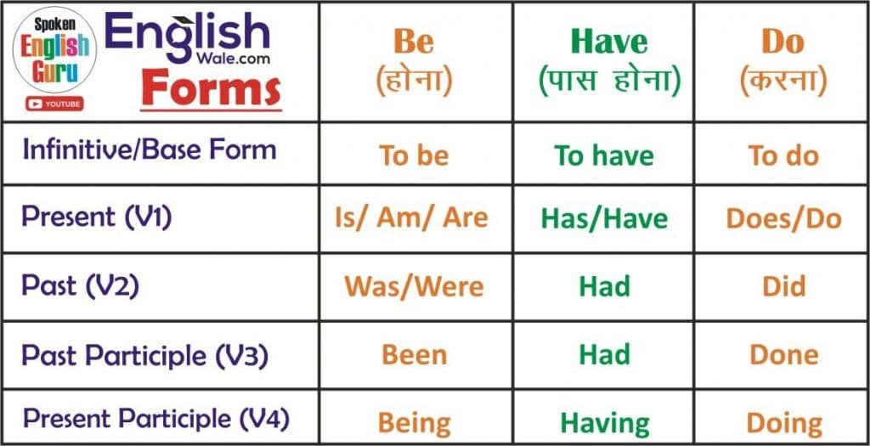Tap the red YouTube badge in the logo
coord(54,104)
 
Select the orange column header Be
coord(414,41)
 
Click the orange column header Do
coord(782,41)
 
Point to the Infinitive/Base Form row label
coord(150,150)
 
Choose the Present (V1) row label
coord(97,217)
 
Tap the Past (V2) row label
coord(80,285)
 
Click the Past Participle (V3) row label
coord(144,354)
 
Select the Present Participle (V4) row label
coord(156,419)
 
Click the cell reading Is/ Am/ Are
coord(411,217)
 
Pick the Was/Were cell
coord(414,285)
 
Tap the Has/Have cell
coord(604,218)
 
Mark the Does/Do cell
coord(783,218)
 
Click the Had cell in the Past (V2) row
coord(604,286)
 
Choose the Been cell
coord(414,354)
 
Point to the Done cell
coord(783,354)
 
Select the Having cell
coord(604,421)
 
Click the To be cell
coord(414,155)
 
